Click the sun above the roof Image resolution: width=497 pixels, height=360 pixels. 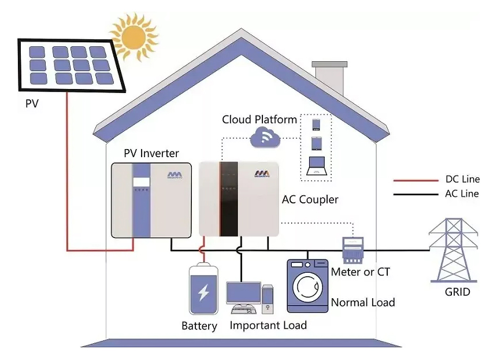tap(134, 36)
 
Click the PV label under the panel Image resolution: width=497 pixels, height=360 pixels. tap(32, 105)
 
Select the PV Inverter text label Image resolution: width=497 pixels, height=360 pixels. tap(151, 154)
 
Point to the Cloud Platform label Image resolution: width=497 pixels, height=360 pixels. tap(259, 120)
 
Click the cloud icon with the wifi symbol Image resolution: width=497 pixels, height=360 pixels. tap(265, 138)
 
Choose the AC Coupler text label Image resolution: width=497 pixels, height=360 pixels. tap(310, 200)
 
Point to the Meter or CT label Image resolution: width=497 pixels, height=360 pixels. tap(361, 272)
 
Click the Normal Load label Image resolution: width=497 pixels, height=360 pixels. tap(363, 302)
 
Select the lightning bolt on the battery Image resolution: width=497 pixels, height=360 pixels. tap(203, 293)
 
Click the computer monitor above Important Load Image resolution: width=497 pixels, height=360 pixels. tap(242, 294)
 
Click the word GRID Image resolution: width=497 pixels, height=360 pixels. tap(457, 292)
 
